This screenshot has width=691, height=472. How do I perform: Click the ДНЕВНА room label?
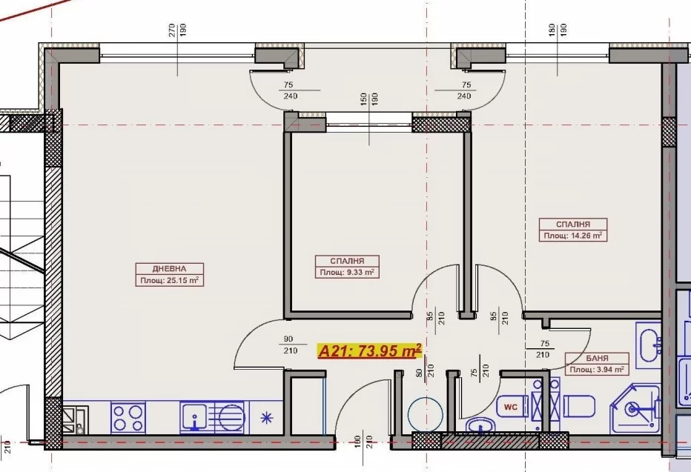(x=169, y=268)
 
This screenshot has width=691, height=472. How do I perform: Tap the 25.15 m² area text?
(x=170, y=280)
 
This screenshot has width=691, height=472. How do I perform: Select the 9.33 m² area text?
(x=347, y=273)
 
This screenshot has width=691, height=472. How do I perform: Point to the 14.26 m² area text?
(x=573, y=236)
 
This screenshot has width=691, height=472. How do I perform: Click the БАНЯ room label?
(x=597, y=359)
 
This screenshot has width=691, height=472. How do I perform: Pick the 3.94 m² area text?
(x=597, y=370)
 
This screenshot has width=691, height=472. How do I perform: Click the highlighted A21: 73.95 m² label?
(x=370, y=351)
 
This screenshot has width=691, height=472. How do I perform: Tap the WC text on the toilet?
(x=511, y=408)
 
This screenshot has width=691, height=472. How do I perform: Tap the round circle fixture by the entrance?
(x=425, y=414)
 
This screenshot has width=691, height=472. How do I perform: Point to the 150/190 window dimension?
(x=369, y=104)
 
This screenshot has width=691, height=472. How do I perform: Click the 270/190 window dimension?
(x=178, y=30)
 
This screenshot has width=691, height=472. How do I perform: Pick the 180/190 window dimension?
(x=558, y=30)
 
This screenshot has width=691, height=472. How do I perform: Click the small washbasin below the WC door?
(x=480, y=426)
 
